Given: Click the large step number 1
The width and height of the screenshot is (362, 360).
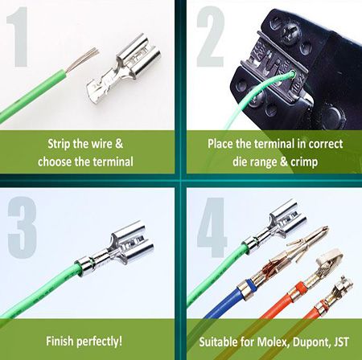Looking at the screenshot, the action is [19, 37].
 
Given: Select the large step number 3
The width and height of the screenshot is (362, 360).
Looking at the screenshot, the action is [22, 227].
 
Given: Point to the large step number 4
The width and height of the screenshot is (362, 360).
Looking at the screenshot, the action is [212, 227].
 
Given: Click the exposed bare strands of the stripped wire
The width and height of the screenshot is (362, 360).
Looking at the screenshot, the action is [83, 59].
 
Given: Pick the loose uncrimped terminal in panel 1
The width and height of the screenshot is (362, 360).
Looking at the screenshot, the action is [124, 70].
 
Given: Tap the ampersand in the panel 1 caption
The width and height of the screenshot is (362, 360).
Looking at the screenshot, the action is [119, 144].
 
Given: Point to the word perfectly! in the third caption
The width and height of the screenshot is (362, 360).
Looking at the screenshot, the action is [99, 342].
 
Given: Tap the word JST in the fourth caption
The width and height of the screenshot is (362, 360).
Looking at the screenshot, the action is [342, 342].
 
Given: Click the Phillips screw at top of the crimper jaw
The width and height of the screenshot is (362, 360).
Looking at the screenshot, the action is [290, 35].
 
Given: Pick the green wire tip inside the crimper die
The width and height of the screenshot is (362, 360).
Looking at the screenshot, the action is [292, 73].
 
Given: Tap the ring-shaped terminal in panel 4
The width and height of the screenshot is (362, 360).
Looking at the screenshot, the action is [330, 258].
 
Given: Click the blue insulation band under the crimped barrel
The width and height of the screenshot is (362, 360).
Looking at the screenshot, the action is [250, 284].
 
